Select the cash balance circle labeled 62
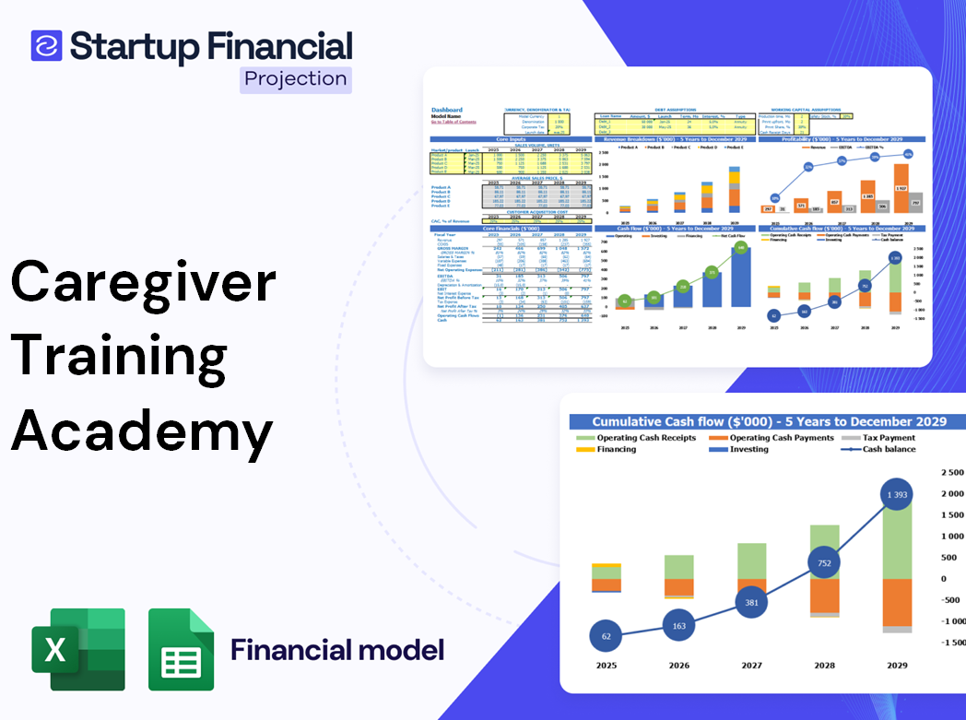click(x=605, y=636)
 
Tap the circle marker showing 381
click(x=751, y=602)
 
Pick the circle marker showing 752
click(x=824, y=563)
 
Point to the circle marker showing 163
click(x=678, y=626)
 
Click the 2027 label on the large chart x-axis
click(x=751, y=666)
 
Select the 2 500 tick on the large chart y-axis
click(x=950, y=472)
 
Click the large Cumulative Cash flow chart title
click(x=769, y=421)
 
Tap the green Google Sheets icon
click(x=182, y=649)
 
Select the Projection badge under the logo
click(x=295, y=79)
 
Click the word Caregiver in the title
click(x=144, y=281)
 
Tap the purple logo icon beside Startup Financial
click(x=46, y=45)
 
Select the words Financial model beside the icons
click(x=337, y=650)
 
